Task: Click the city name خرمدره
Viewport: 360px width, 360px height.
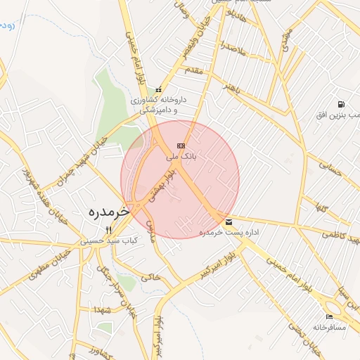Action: click(110, 211)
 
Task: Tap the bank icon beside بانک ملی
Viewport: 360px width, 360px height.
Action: click(181, 145)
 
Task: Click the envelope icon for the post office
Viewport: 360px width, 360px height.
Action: click(229, 222)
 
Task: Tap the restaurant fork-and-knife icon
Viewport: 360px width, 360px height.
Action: click(108, 230)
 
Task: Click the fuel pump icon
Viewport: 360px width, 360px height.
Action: click(341, 103)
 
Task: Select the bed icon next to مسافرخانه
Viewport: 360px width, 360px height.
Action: click(330, 317)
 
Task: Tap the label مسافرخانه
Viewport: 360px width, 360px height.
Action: click(330, 328)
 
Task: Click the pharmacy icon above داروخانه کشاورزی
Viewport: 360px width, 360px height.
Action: click(159, 89)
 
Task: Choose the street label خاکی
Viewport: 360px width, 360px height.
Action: click(150, 278)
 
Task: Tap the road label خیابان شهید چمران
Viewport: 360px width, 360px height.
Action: click(91, 150)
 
